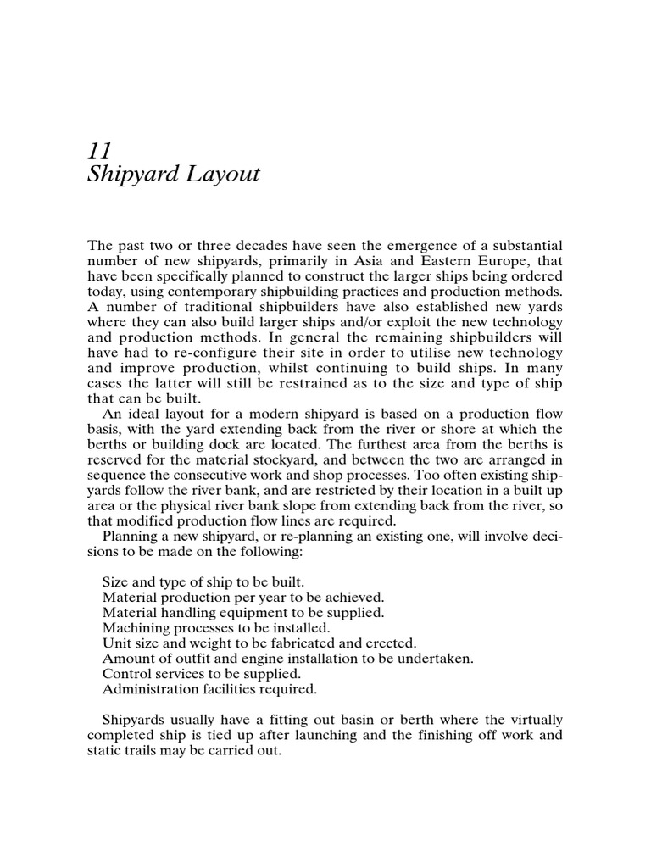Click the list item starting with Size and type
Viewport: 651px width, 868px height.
206,582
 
